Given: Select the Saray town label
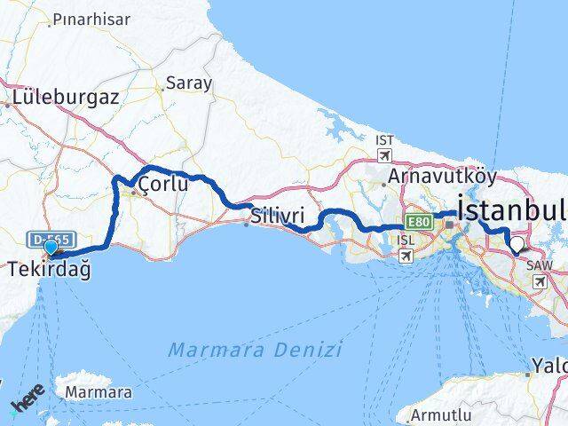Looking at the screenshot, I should click(x=189, y=83).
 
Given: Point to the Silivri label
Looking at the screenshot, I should click(x=278, y=216).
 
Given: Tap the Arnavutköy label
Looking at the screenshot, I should click(x=434, y=177).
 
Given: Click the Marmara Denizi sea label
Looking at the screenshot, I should click(x=256, y=349).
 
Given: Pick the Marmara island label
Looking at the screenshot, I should click(x=99, y=391).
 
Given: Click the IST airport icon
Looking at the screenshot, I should click(x=384, y=154).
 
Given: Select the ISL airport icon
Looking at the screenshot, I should click(x=406, y=256).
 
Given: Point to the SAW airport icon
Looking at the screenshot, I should click(x=540, y=280).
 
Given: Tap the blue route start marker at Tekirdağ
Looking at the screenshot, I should click(x=51, y=248).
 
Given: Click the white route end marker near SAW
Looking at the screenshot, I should click(x=517, y=241).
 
